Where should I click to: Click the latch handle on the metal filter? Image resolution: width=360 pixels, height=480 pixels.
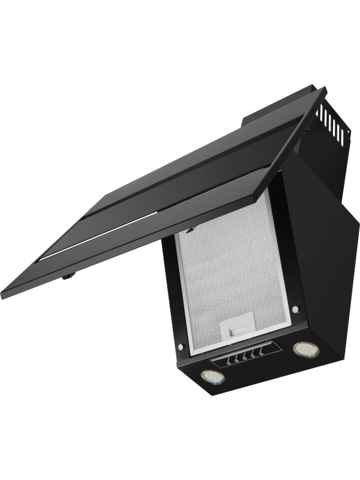[235, 328]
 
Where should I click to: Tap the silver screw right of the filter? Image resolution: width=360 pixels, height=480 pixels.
[295, 310]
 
